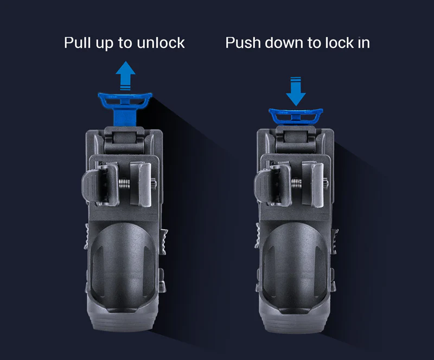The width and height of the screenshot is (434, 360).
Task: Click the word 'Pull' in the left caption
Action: [x=78, y=42]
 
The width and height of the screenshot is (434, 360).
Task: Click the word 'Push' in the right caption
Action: [x=242, y=42]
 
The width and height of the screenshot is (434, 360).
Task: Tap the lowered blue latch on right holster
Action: [x=296, y=116]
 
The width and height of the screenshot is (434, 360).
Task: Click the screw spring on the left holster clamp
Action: [x=126, y=184]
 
